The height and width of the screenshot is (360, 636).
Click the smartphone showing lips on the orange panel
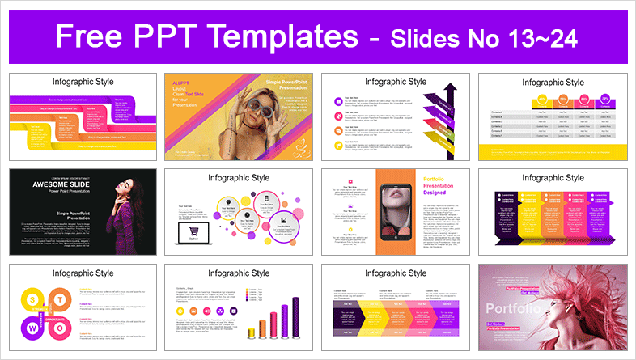pos(398,212)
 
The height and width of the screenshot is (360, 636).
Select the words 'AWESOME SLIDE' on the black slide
pos(53,182)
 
